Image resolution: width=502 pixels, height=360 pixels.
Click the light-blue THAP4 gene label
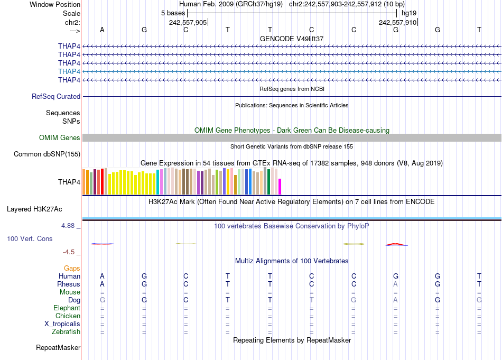pyautogui.click(x=69, y=71)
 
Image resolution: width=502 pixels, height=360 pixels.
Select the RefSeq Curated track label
pyautogui.click(x=56, y=97)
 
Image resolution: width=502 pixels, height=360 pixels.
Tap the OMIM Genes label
pyautogui.click(x=60, y=138)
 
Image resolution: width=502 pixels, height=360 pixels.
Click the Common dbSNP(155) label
pyautogui.click(x=47, y=154)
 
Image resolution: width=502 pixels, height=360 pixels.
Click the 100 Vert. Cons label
pyautogui.click(x=30, y=239)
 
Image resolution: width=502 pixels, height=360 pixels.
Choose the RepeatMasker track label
pyautogui.click(x=58, y=348)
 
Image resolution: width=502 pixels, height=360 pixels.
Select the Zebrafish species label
pyautogui.click(x=66, y=332)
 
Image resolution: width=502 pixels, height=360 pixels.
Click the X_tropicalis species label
pyautogui.click(x=62, y=324)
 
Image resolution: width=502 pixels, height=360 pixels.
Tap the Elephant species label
pyautogui.click(x=67, y=308)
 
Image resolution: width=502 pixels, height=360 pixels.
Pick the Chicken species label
pyautogui.click(x=68, y=316)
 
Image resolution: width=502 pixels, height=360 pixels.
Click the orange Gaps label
pyautogui.click(x=72, y=269)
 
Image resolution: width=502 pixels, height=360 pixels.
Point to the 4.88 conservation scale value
pyautogui.click(x=71, y=226)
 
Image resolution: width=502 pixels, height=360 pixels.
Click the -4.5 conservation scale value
pyautogui.click(x=72, y=252)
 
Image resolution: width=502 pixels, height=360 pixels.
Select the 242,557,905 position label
pyautogui.click(x=188, y=22)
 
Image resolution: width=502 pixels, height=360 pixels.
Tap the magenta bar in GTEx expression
pyautogui.click(x=280, y=187)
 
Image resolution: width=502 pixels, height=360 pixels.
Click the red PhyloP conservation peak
pyautogui.click(x=395, y=244)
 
